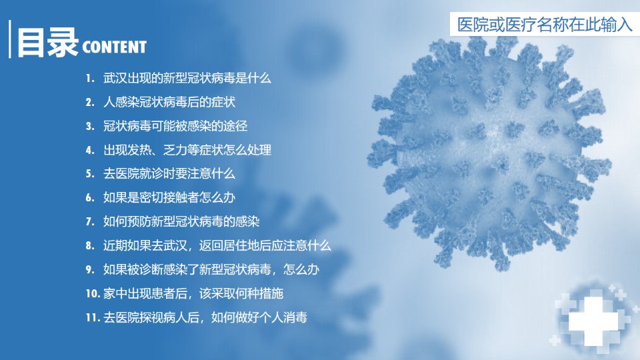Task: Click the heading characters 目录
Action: click(47, 42)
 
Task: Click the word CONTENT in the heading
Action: click(114, 47)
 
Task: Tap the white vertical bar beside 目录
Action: click(10, 39)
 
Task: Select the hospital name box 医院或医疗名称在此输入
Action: click(545, 24)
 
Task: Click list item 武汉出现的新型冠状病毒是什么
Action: click(187, 78)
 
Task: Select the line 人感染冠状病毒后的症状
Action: click(169, 101)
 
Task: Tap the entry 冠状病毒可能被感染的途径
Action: click(175, 126)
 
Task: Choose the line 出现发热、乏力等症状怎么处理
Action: click(187, 150)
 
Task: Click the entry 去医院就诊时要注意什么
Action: click(169, 173)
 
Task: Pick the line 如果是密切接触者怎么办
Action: click(169, 197)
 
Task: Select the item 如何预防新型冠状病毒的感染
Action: click(181, 221)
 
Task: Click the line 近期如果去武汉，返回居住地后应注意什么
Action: click(217, 245)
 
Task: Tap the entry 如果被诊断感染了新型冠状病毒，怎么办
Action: click(211, 269)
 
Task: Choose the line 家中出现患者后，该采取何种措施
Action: click(193, 293)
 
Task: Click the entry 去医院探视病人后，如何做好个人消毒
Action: click(205, 317)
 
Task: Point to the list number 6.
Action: click(90, 198)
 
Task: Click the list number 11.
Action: click(93, 317)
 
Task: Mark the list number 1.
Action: click(90, 79)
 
